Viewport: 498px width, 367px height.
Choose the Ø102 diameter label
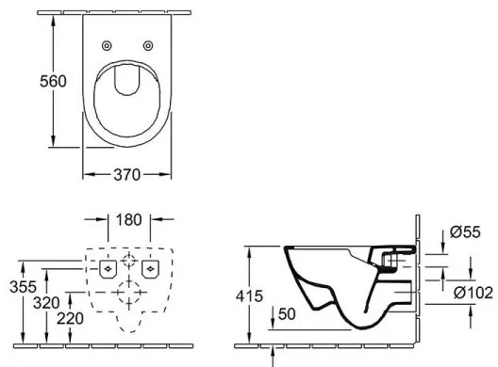point(471,293)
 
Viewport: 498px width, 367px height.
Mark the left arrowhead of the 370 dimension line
point(86,174)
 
